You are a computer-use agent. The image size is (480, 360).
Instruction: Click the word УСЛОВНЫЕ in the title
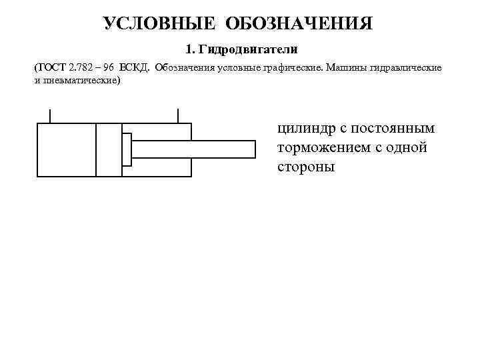[159, 24]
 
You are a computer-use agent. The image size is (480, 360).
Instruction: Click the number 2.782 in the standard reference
[81, 69]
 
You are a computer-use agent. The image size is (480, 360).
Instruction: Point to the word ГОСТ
[52, 69]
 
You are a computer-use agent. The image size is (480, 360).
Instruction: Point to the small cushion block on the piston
[127, 149]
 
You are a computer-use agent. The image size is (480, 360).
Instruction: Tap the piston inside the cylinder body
[109, 150]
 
